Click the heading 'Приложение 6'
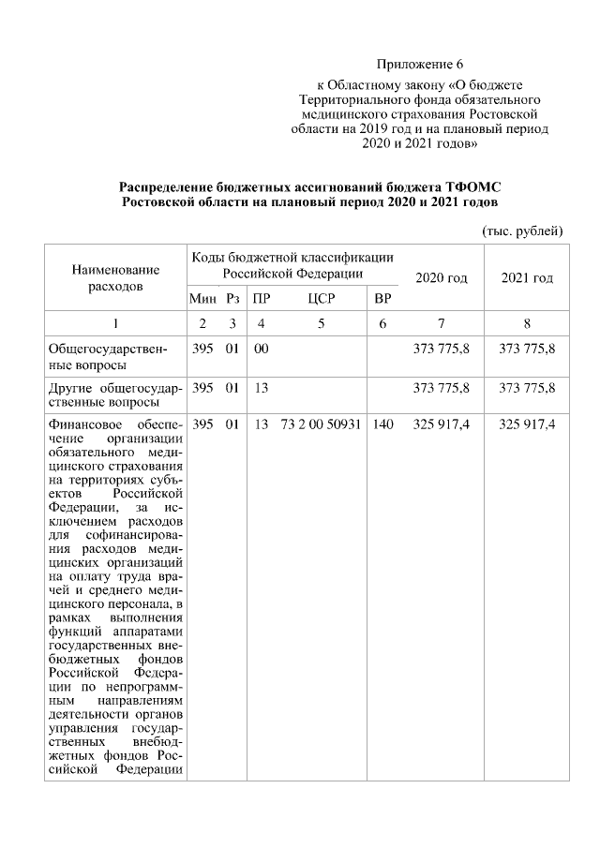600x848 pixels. point(420,65)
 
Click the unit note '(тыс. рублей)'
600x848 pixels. point(522,230)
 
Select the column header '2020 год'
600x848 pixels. point(441,278)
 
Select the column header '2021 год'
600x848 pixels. point(527,278)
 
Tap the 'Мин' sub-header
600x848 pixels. point(202,299)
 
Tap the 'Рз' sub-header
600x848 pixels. point(232,299)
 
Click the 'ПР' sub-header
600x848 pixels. point(262,299)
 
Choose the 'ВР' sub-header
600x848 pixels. point(382,299)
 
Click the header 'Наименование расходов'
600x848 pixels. point(115,277)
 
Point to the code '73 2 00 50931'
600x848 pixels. point(321,424)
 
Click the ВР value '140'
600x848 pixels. point(382,424)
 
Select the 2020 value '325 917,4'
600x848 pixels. point(441,424)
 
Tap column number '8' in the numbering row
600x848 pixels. point(527,323)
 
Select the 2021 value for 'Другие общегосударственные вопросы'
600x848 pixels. point(527,387)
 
